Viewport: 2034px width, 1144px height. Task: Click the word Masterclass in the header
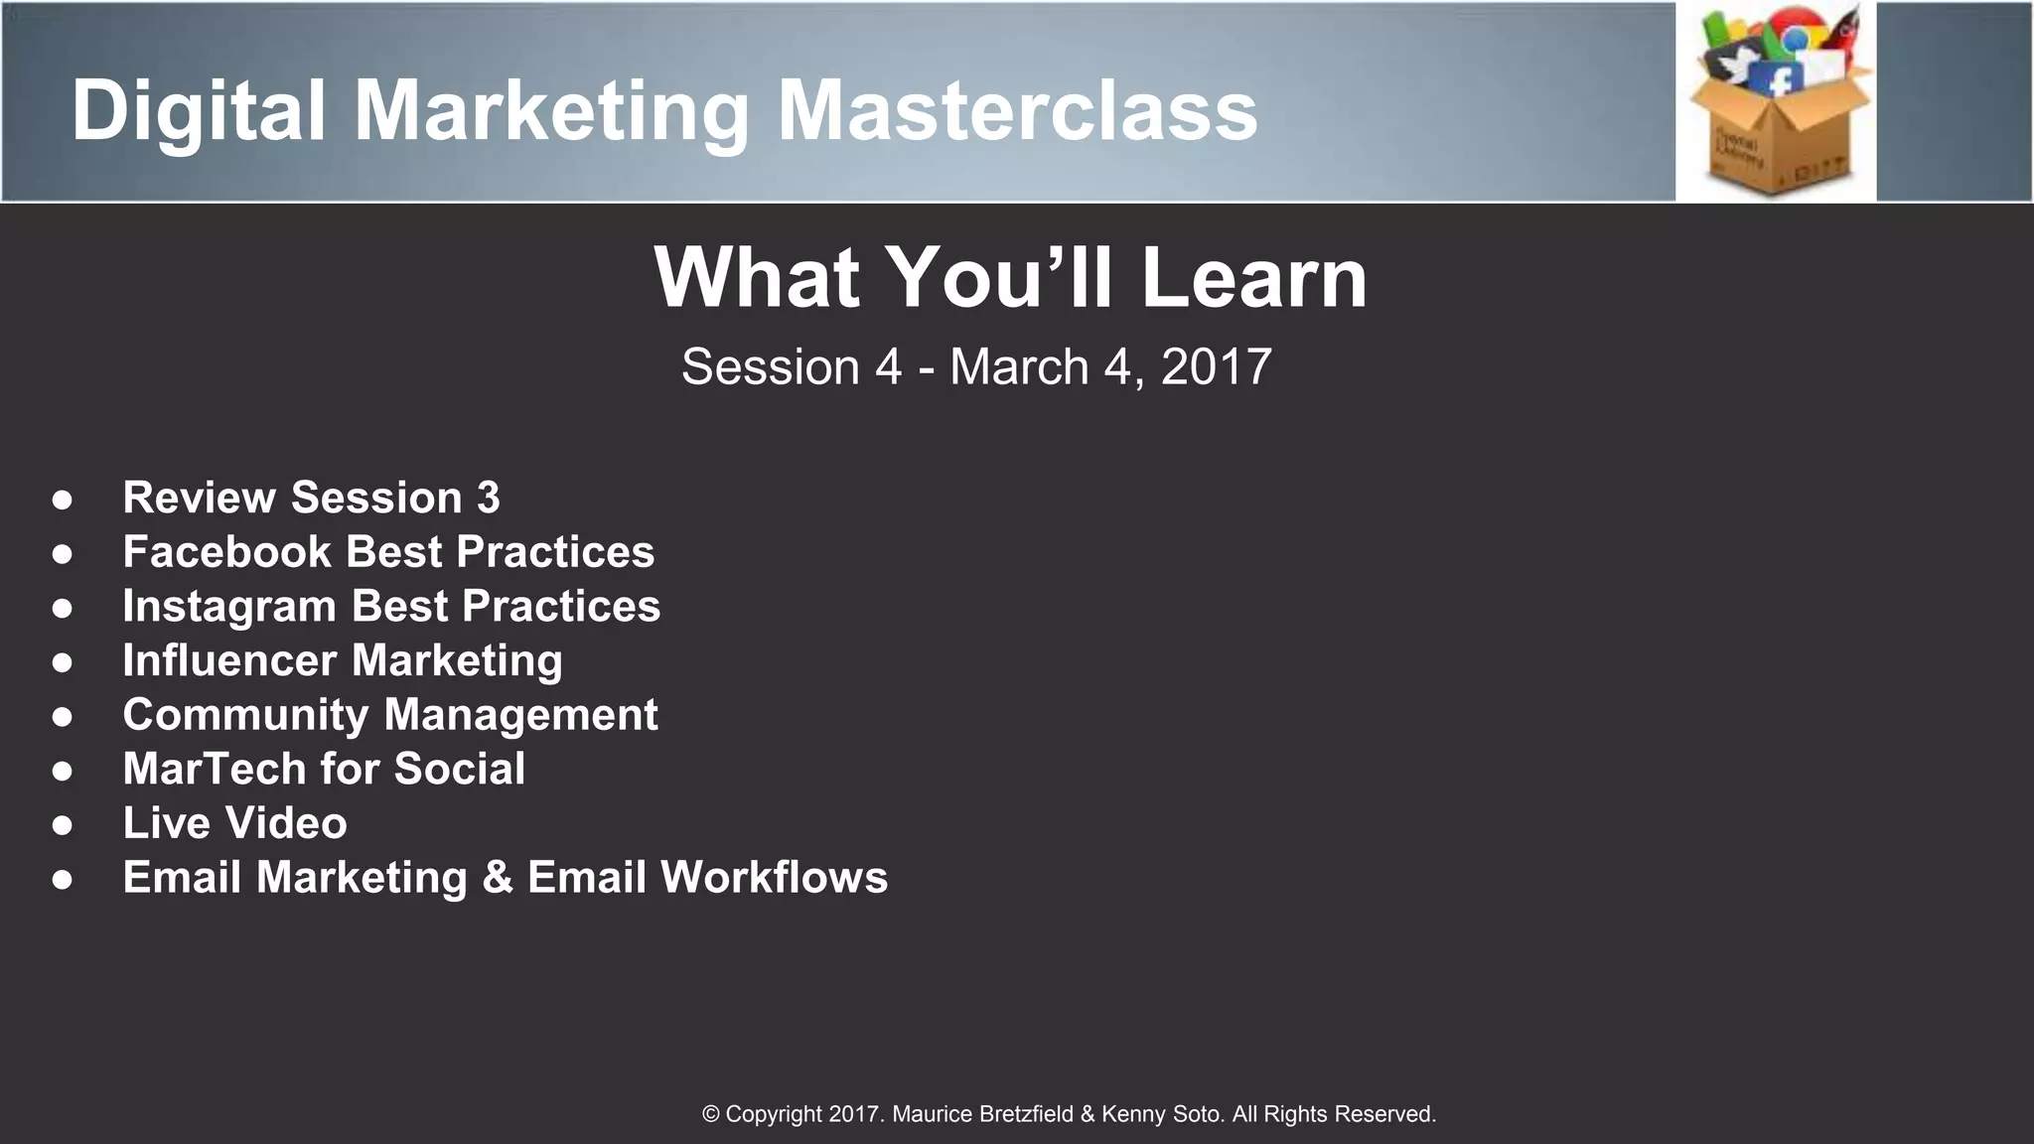coord(1017,110)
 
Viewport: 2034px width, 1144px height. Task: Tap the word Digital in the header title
coord(199,110)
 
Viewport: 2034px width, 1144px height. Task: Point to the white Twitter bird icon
coord(1733,66)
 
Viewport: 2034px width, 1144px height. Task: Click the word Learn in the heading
coord(1253,278)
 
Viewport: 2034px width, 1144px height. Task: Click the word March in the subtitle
coord(1019,367)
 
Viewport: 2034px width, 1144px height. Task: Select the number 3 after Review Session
coord(488,498)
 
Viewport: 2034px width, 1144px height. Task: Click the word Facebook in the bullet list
coord(226,552)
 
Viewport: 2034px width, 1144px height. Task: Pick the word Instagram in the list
coord(229,607)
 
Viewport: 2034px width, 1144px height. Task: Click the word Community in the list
coord(245,715)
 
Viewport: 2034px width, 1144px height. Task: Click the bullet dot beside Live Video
coord(62,824)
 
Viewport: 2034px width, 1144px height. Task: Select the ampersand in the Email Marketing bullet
coord(497,878)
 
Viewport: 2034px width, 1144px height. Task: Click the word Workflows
coord(774,878)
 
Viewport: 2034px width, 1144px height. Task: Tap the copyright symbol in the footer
coord(711,1114)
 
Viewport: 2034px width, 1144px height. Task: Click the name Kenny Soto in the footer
coord(1161,1114)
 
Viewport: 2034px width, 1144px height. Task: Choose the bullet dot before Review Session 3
coord(62,499)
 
